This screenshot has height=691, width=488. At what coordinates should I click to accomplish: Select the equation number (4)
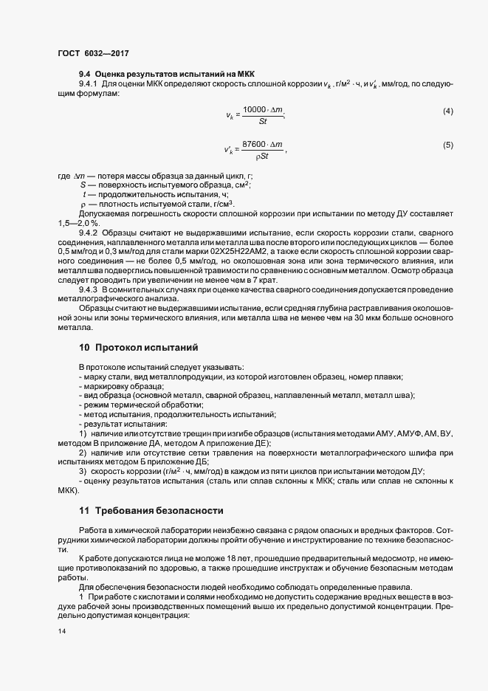pyautogui.click(x=447, y=111)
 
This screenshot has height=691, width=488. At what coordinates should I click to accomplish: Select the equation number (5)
pyautogui.click(x=447, y=145)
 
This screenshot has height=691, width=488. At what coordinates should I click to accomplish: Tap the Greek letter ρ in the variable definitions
pyautogui.click(x=83, y=204)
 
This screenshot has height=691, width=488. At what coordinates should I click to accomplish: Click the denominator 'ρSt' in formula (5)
pyautogui.click(x=261, y=156)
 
